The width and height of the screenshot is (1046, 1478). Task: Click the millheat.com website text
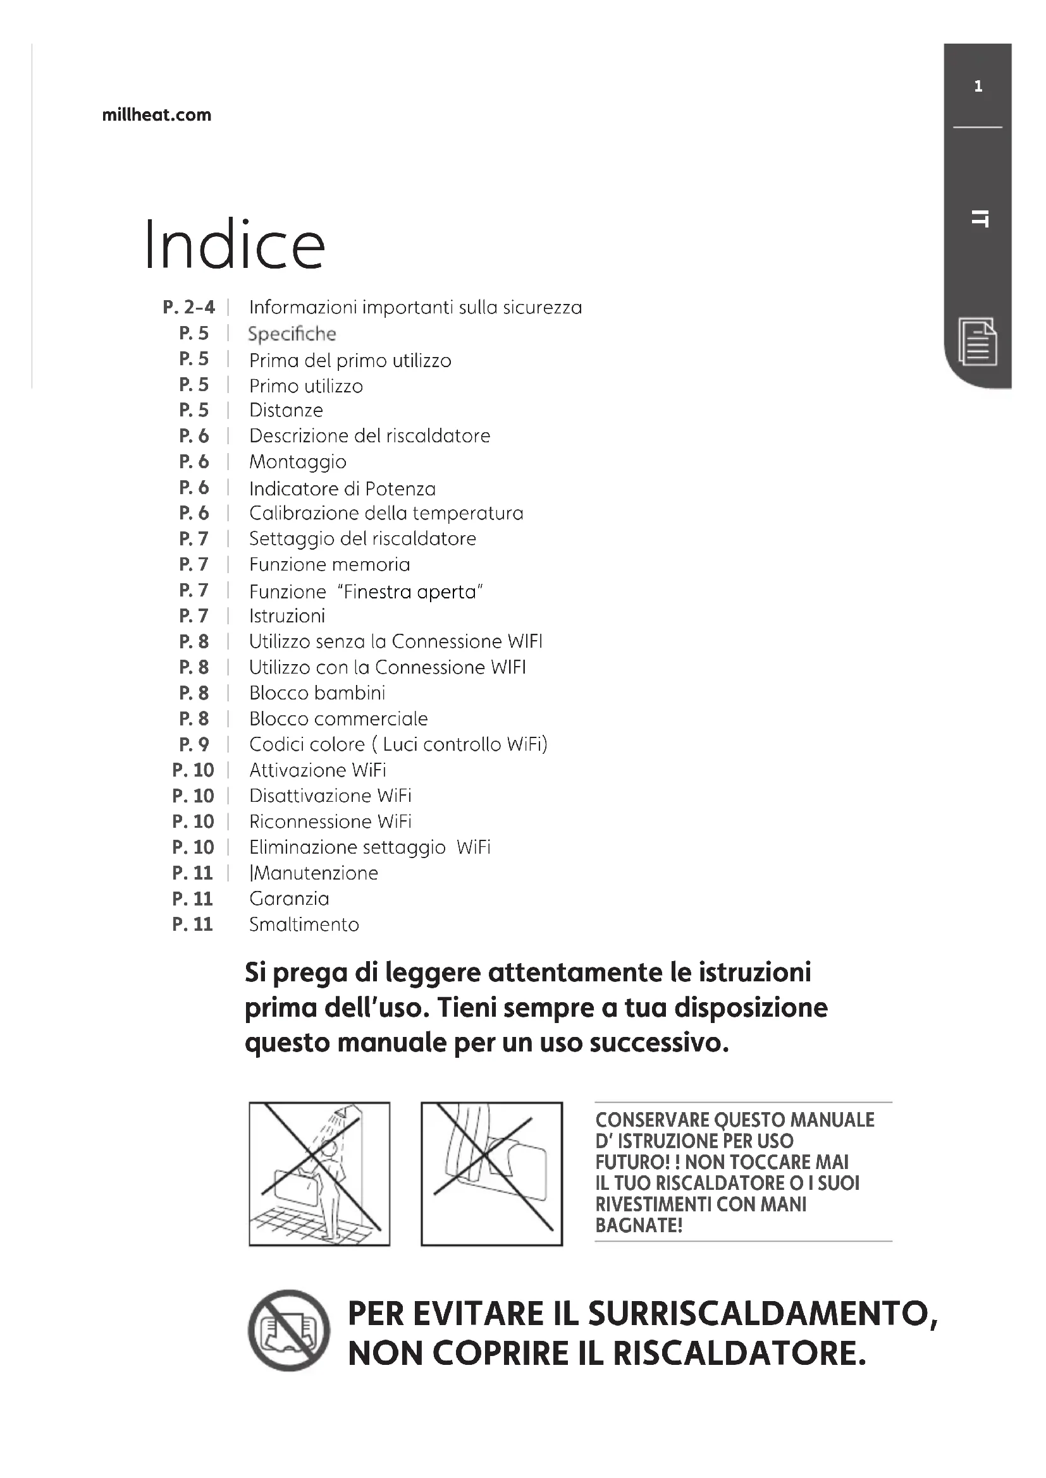[156, 115]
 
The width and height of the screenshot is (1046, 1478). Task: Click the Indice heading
[235, 245]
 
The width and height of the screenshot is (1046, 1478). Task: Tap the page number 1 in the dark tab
[978, 87]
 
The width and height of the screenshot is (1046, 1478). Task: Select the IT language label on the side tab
[979, 219]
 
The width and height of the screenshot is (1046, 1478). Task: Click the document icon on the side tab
[978, 341]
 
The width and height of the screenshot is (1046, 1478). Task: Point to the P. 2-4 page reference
[188, 307]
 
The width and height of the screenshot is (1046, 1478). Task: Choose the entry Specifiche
[292, 334]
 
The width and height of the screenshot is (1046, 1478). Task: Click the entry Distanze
[286, 410]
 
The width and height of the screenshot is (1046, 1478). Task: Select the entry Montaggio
[298, 461]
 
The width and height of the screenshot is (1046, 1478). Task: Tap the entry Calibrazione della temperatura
[386, 513]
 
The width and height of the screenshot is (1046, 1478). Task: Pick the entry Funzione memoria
[329, 564]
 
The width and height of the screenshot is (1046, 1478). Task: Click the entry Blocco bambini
[317, 693]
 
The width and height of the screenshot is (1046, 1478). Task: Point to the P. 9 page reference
[194, 744]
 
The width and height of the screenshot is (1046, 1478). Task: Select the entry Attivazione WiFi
[317, 770]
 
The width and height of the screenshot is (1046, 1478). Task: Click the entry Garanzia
[288, 899]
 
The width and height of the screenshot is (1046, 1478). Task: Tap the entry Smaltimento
[304, 924]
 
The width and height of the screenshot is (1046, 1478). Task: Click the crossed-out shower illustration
[319, 1173]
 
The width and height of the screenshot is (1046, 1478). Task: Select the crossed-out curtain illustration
[491, 1173]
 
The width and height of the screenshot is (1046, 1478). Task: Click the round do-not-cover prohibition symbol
[288, 1331]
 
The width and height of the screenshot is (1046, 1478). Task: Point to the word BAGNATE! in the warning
[638, 1225]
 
